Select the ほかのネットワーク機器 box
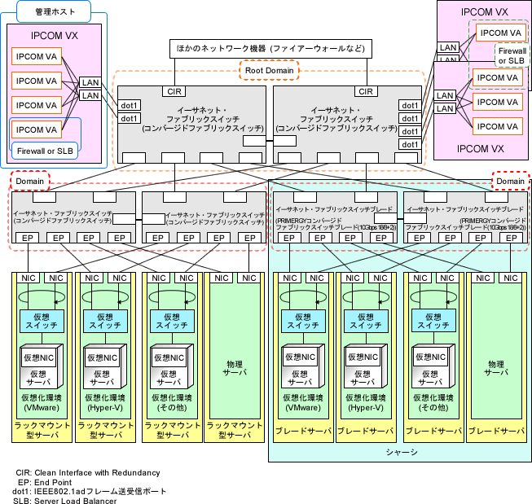pyautogui.click(x=270, y=49)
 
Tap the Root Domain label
pyautogui.click(x=270, y=71)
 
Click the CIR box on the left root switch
pyautogui.click(x=174, y=91)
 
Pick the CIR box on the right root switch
pyautogui.click(x=366, y=91)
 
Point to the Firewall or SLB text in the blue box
pyautogui.click(x=46, y=150)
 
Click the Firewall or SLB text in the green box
pyautogui.click(x=512, y=55)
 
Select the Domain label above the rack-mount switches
pyautogui.click(x=30, y=180)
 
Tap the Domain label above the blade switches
pyautogui.click(x=511, y=180)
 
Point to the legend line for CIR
pyautogui.click(x=88, y=472)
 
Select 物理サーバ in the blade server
pyautogui.click(x=495, y=366)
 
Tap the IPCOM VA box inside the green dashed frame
pyautogui.click(x=499, y=33)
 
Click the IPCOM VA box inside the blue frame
pyautogui.click(x=36, y=129)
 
